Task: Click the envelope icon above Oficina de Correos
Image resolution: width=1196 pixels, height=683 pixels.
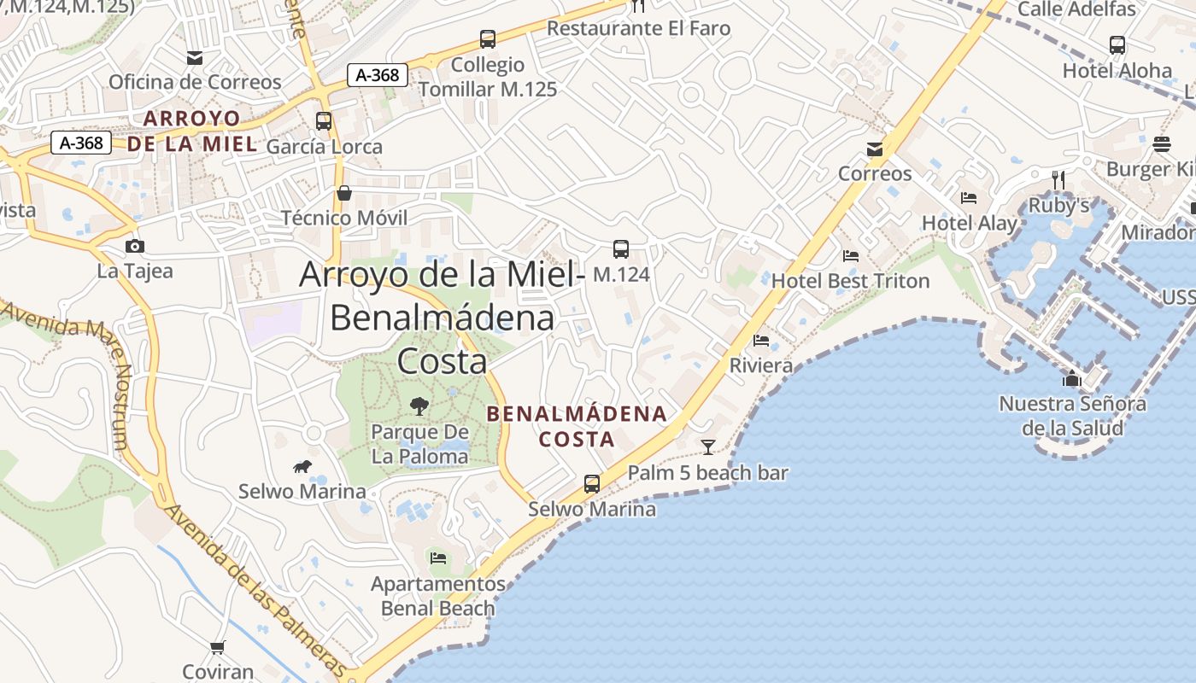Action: pos(195,58)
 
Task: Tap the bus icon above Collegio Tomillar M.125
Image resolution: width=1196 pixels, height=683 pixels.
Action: pos(487,38)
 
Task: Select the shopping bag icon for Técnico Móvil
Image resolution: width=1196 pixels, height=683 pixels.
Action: pos(344,193)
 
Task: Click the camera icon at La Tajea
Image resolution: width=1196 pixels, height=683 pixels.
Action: pos(134,247)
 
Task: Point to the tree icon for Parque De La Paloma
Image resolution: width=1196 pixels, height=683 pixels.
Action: pos(419,406)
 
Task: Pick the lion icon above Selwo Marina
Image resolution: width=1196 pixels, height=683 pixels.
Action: pos(302,466)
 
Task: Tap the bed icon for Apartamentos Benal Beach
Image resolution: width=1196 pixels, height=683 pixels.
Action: pos(438,558)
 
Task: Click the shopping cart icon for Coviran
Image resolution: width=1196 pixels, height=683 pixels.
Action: pos(218,647)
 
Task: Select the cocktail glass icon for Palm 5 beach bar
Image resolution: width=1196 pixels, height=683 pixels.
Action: pos(707,447)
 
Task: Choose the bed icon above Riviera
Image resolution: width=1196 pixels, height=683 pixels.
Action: pos(761,341)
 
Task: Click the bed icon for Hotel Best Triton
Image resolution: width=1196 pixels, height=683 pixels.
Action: pos(850,255)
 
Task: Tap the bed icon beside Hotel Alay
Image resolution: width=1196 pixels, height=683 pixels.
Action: pos(968,198)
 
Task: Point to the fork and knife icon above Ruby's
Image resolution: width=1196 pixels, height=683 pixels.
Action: pos(1058,179)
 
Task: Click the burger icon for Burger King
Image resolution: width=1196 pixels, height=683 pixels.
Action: pos(1161,143)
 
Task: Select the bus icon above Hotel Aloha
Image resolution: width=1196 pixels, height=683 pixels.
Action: pos(1117,45)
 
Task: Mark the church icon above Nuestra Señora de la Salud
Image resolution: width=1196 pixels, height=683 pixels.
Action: pos(1072,378)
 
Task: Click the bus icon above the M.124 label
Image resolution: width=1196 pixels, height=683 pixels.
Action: pos(621,249)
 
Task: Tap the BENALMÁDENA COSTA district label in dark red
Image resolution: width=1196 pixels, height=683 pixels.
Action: pos(576,426)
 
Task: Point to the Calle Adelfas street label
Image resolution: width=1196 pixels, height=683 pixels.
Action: pos(1076,9)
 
